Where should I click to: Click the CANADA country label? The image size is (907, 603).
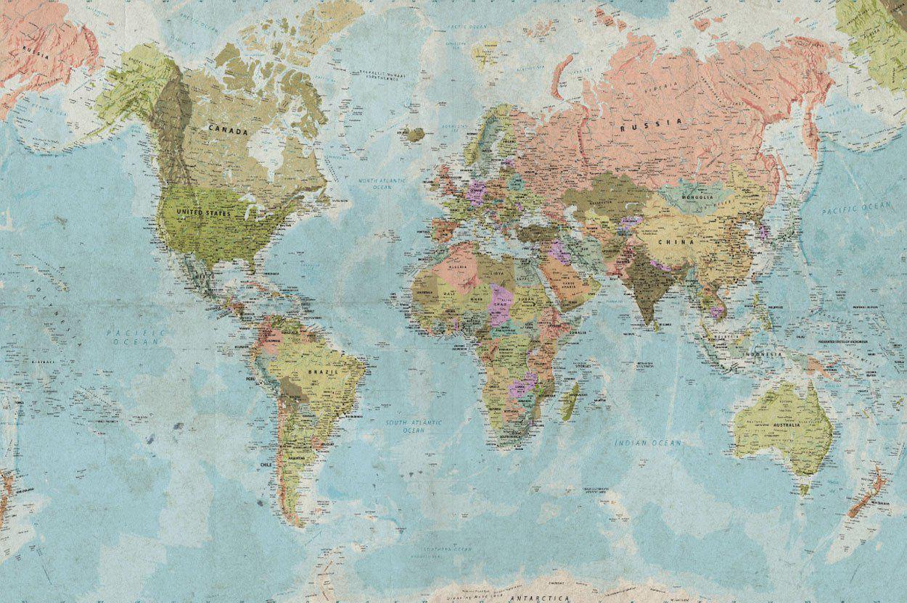[x=229, y=130]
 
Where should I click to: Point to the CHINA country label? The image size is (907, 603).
[x=676, y=241]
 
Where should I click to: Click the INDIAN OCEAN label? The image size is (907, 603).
[x=648, y=442]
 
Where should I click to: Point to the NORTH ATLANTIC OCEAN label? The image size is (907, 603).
[x=381, y=183]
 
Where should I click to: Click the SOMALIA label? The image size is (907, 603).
[x=578, y=332]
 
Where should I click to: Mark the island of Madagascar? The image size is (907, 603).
[x=570, y=401]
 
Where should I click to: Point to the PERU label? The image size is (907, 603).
[x=251, y=378]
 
